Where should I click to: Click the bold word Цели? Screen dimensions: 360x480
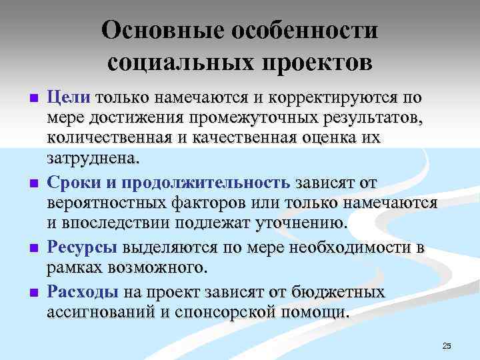point(69,98)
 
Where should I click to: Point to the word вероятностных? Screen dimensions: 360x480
point(114,203)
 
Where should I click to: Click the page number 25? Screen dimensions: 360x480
point(447,345)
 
